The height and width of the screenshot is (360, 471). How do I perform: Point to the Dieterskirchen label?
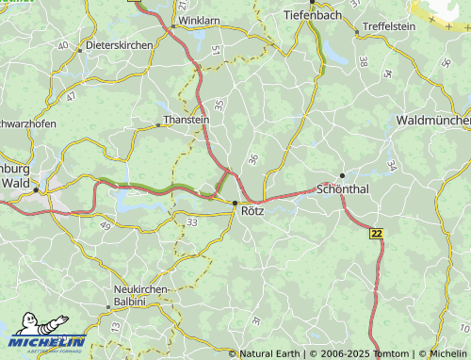[119, 44]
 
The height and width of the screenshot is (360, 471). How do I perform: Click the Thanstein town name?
[187, 121]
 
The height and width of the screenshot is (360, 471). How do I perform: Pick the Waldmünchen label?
[433, 121]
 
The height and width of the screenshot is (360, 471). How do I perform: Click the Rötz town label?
[252, 211]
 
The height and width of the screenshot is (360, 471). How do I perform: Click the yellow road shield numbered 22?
[377, 233]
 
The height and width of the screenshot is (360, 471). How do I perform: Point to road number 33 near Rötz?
[192, 221]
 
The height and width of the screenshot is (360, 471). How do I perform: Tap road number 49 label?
[104, 226]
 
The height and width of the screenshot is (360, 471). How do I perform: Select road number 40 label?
[63, 45]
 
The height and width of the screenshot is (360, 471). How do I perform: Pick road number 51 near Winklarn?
[216, 49]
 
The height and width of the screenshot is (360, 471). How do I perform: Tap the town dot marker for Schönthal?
[342, 175]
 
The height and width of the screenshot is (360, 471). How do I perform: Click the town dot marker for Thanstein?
[158, 124]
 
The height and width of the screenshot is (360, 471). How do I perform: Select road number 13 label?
[116, 326]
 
